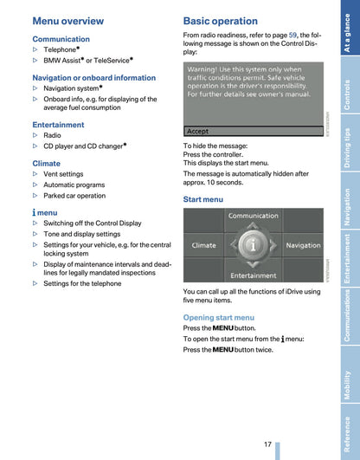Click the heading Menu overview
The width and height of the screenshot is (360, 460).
67,21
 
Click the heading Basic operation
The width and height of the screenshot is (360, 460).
220,21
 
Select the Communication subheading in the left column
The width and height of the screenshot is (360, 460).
61,39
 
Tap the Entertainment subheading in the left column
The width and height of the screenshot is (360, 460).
58,125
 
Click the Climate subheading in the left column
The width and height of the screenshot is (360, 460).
47,163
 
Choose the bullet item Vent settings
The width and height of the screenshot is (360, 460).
63,174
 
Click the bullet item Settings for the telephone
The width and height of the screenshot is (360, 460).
82,283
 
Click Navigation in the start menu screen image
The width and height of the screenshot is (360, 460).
303,245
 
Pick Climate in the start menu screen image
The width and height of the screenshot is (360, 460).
204,245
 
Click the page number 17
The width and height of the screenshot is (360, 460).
268,444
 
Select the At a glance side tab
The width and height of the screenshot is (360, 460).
347,33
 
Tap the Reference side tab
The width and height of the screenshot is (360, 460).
347,434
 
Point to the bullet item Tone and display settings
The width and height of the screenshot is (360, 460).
81,234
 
